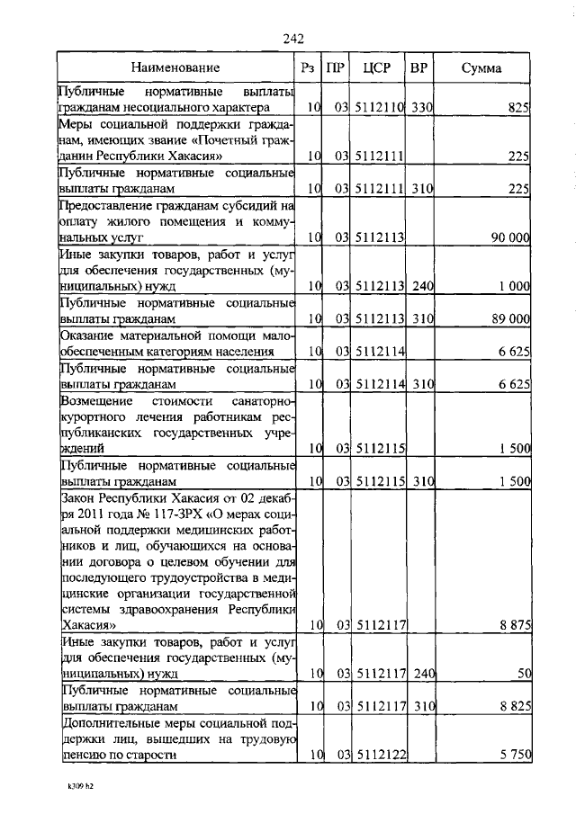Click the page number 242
pyautogui.click(x=293, y=38)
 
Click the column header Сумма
pyautogui.click(x=481, y=67)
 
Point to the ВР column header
pyautogui.click(x=418, y=67)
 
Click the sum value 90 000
pyautogui.click(x=508, y=237)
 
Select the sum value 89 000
pyautogui.click(x=508, y=319)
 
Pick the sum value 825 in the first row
pyautogui.click(x=518, y=108)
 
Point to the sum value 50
pyautogui.click(x=524, y=673)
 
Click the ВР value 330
pyautogui.click(x=422, y=108)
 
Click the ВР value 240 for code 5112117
pyautogui.click(x=422, y=673)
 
